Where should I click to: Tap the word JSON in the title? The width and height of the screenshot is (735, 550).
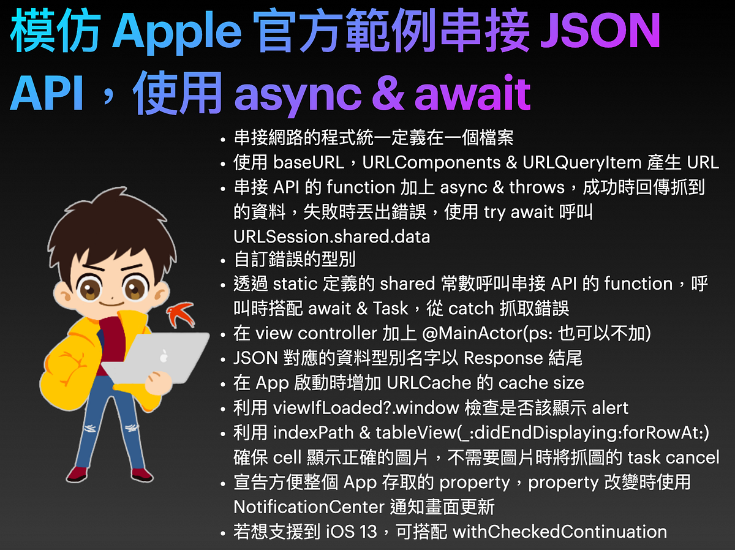[x=600, y=32]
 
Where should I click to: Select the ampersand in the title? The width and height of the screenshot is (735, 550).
[x=387, y=93]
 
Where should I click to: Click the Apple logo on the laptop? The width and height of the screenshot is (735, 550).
[x=164, y=355]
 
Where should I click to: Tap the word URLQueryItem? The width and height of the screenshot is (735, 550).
[x=582, y=162]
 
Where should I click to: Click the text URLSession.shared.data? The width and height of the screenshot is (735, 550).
[x=332, y=236]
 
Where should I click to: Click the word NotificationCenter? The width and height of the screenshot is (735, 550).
[x=310, y=507]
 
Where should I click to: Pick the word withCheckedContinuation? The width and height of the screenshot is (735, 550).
[x=559, y=532]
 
